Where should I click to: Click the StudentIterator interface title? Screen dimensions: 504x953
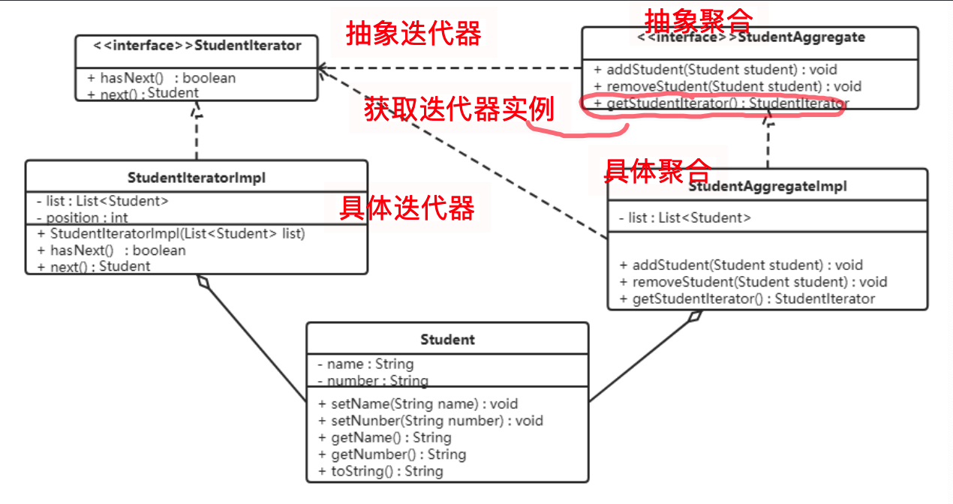point(197,46)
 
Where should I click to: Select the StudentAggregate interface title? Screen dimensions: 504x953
point(750,37)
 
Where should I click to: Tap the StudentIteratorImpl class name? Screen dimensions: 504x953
point(197,178)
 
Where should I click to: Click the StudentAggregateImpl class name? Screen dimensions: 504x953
point(767,186)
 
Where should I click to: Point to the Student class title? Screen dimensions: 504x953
point(447,340)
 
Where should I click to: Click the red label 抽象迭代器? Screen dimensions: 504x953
point(413,34)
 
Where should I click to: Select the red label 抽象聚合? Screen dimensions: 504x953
point(698,19)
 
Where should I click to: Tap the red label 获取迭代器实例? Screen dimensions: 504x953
point(458,109)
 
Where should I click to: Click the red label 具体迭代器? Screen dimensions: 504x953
point(407,208)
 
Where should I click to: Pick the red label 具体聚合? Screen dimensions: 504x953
point(657,170)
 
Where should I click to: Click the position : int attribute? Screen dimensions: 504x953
point(82,217)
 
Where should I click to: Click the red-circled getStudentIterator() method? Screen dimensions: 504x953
point(720,103)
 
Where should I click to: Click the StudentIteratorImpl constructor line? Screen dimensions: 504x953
point(170,233)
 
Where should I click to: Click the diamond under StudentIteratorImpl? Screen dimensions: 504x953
point(202,282)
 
